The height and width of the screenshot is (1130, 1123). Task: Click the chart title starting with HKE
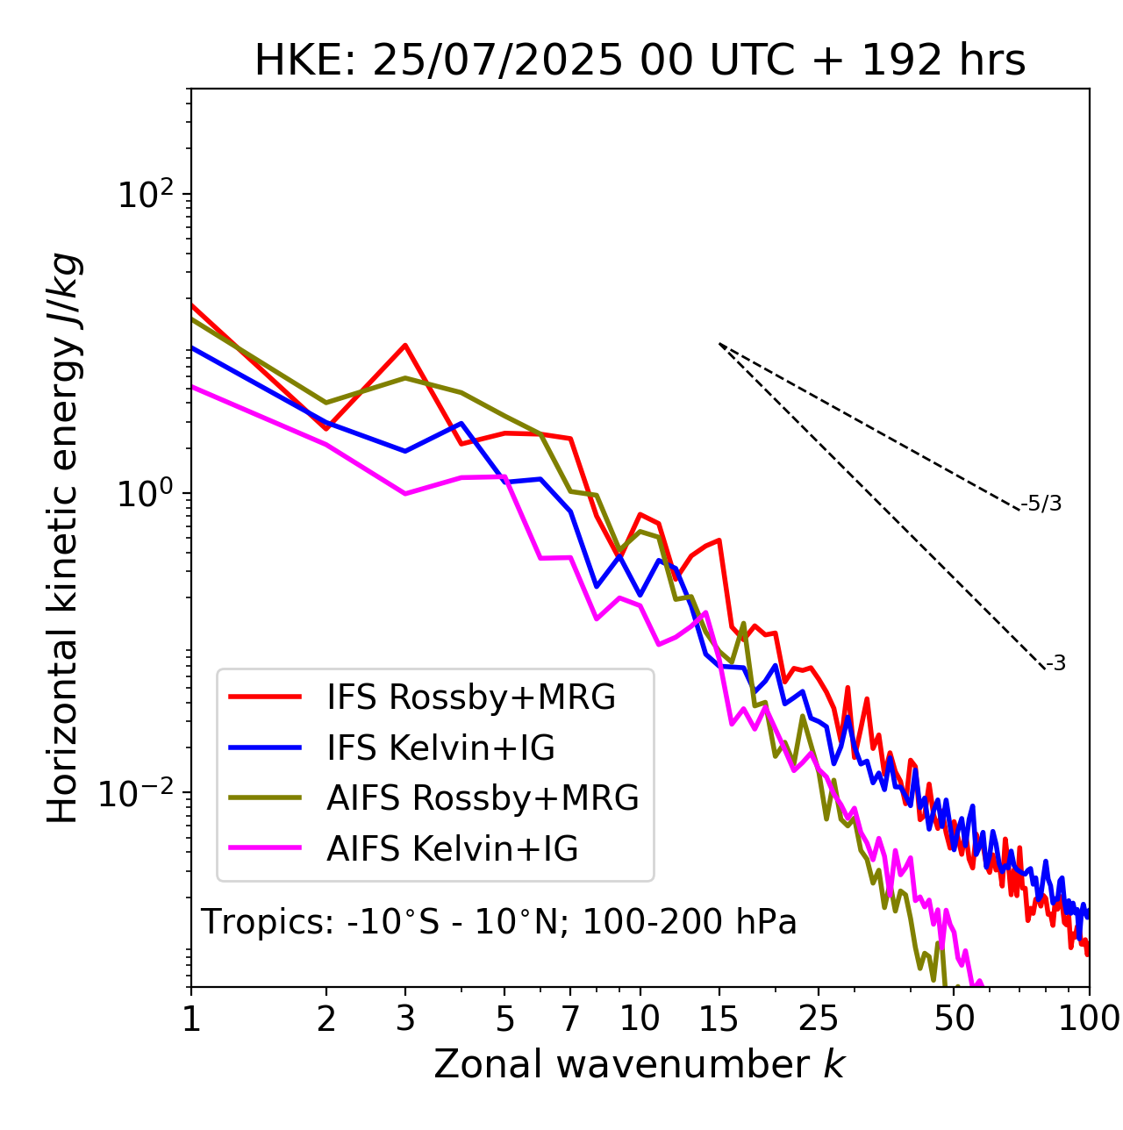point(640,61)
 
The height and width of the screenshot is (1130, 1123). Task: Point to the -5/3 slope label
point(1041,504)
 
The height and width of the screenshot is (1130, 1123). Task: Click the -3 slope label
point(1055,664)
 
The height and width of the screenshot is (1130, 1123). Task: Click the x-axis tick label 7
point(570,1019)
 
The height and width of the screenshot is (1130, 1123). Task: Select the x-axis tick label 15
point(719,1019)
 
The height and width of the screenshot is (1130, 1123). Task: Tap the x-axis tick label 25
point(819,1019)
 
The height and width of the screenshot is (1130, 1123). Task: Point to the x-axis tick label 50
point(954,1019)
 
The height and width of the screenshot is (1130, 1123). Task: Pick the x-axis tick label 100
point(1088,1019)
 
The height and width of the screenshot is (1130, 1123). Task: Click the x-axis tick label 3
point(404,1019)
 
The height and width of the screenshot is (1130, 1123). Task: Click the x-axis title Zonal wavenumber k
point(640,1065)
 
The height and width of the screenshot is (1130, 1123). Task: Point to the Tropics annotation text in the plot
point(499,922)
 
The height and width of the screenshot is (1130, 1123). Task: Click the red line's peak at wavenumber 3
point(404,345)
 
